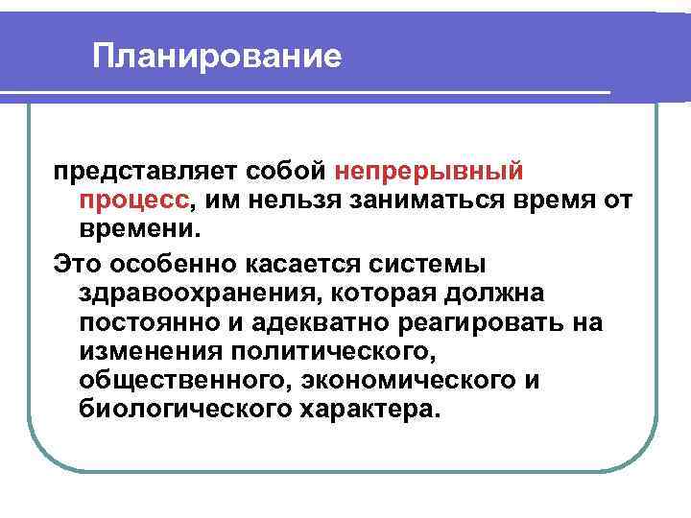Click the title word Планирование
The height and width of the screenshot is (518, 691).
pos(217,56)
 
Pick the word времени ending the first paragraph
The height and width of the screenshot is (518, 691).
pos(137,231)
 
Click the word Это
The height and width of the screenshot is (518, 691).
pos(80,262)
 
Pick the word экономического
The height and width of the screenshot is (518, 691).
pos(411,381)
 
